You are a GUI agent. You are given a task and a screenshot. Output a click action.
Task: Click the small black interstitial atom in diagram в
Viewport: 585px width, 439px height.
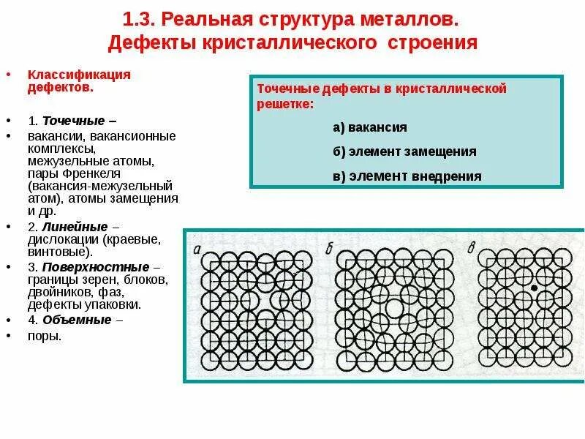point(535,289)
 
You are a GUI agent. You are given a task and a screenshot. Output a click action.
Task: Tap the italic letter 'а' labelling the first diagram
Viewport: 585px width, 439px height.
point(198,249)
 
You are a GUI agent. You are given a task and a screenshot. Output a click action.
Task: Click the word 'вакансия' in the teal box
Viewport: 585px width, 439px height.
point(377,127)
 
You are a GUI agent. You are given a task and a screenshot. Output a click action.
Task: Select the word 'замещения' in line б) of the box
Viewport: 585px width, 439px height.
point(442,151)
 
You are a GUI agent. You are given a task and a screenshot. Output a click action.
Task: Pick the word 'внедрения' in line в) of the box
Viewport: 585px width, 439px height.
point(448,176)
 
